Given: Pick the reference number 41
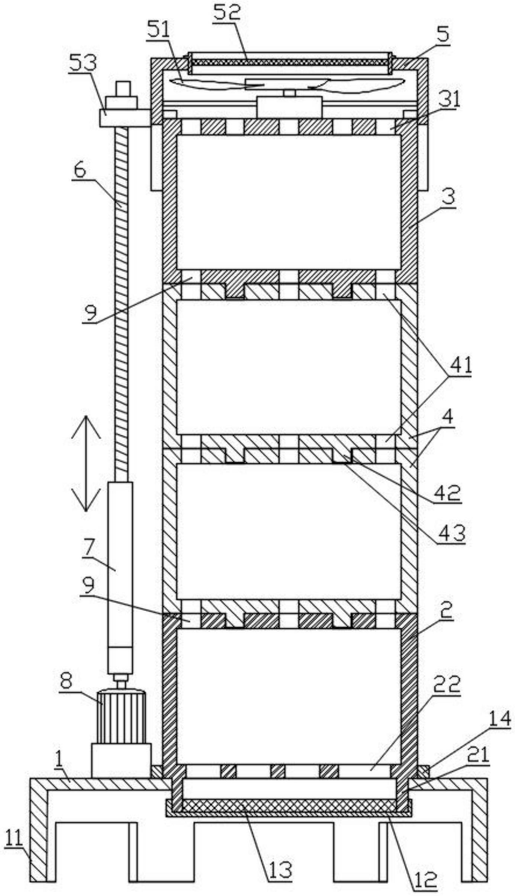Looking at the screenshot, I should click(460, 365).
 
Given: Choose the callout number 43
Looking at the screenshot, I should click(451, 534).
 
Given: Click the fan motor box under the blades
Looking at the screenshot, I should click(289, 107).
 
